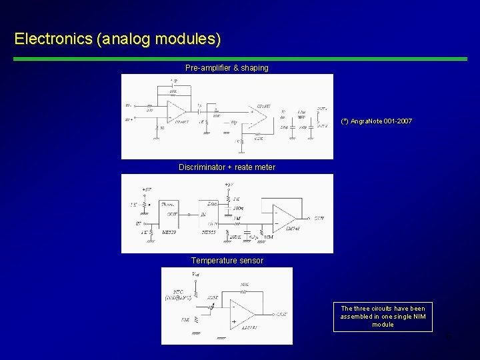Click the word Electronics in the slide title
[53, 39]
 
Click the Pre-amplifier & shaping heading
[227, 68]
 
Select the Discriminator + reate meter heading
[227, 167]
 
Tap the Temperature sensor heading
[227, 261]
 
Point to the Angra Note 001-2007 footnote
[377, 121]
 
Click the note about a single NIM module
[383, 317]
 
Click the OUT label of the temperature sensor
[282, 314]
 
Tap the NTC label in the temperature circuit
[178, 291]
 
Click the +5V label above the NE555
[229, 184]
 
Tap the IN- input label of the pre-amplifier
[129, 105]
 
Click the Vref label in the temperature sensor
[195, 273]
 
